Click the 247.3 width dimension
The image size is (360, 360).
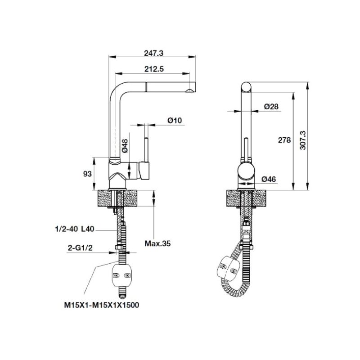coord(153,53)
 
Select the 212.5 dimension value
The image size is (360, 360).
coord(154,69)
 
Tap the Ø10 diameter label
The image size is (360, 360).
coord(175,120)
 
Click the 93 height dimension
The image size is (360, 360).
coord(87,174)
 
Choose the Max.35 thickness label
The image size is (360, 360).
coord(157,243)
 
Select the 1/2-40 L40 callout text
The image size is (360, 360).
coord(75,229)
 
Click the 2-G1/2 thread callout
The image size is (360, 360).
coord(80,248)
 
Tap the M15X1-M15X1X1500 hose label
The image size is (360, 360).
coord(102,305)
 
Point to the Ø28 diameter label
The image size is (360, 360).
coord(271,107)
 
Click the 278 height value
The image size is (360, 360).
coord(284,140)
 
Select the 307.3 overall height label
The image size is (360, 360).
coord(303,140)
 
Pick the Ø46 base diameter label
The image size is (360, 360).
coord(269,179)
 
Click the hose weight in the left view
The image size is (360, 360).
coord(121,275)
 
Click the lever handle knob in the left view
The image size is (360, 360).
coord(144,171)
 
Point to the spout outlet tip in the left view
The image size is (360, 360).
coord(191,91)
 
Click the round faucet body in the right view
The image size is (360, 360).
coord(246,171)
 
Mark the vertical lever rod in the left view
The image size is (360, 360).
coord(146,150)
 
